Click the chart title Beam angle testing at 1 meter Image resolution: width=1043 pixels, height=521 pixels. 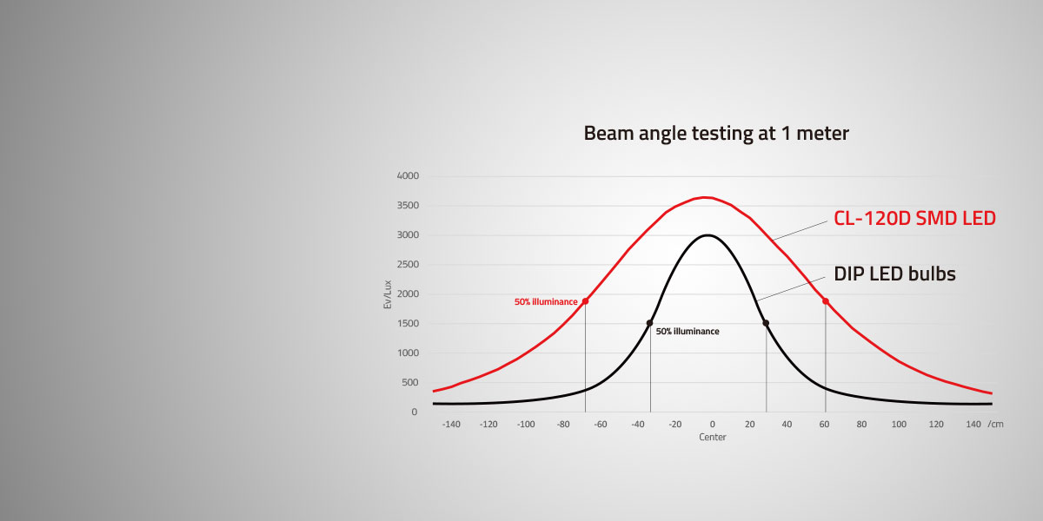(716, 134)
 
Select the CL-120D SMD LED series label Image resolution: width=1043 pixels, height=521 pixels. (914, 218)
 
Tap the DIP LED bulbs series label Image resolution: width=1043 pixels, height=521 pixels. (894, 274)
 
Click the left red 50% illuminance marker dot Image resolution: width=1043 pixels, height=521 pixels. (585, 301)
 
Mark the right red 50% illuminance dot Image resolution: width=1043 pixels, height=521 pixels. (826, 301)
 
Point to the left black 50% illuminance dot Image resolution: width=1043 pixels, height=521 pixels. (649, 323)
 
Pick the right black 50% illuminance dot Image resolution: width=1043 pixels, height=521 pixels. (766, 323)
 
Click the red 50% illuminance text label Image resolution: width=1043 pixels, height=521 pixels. (546, 302)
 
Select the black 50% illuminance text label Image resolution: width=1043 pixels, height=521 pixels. (688, 331)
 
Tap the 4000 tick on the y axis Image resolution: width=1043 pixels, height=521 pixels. (408, 175)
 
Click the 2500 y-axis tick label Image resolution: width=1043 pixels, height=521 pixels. (408, 264)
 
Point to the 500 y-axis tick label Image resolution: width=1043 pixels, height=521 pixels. (409, 382)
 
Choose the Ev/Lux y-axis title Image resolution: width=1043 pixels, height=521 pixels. (388, 294)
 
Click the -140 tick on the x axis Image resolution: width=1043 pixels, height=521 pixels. (451, 425)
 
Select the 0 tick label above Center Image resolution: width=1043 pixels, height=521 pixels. (713, 425)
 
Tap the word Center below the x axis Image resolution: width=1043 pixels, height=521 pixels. (713, 438)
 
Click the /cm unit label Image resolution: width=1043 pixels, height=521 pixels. (995, 425)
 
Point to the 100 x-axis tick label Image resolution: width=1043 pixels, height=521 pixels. (899, 425)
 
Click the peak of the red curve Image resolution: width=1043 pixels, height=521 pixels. (706, 197)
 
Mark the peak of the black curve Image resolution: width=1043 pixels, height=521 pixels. (708, 235)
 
